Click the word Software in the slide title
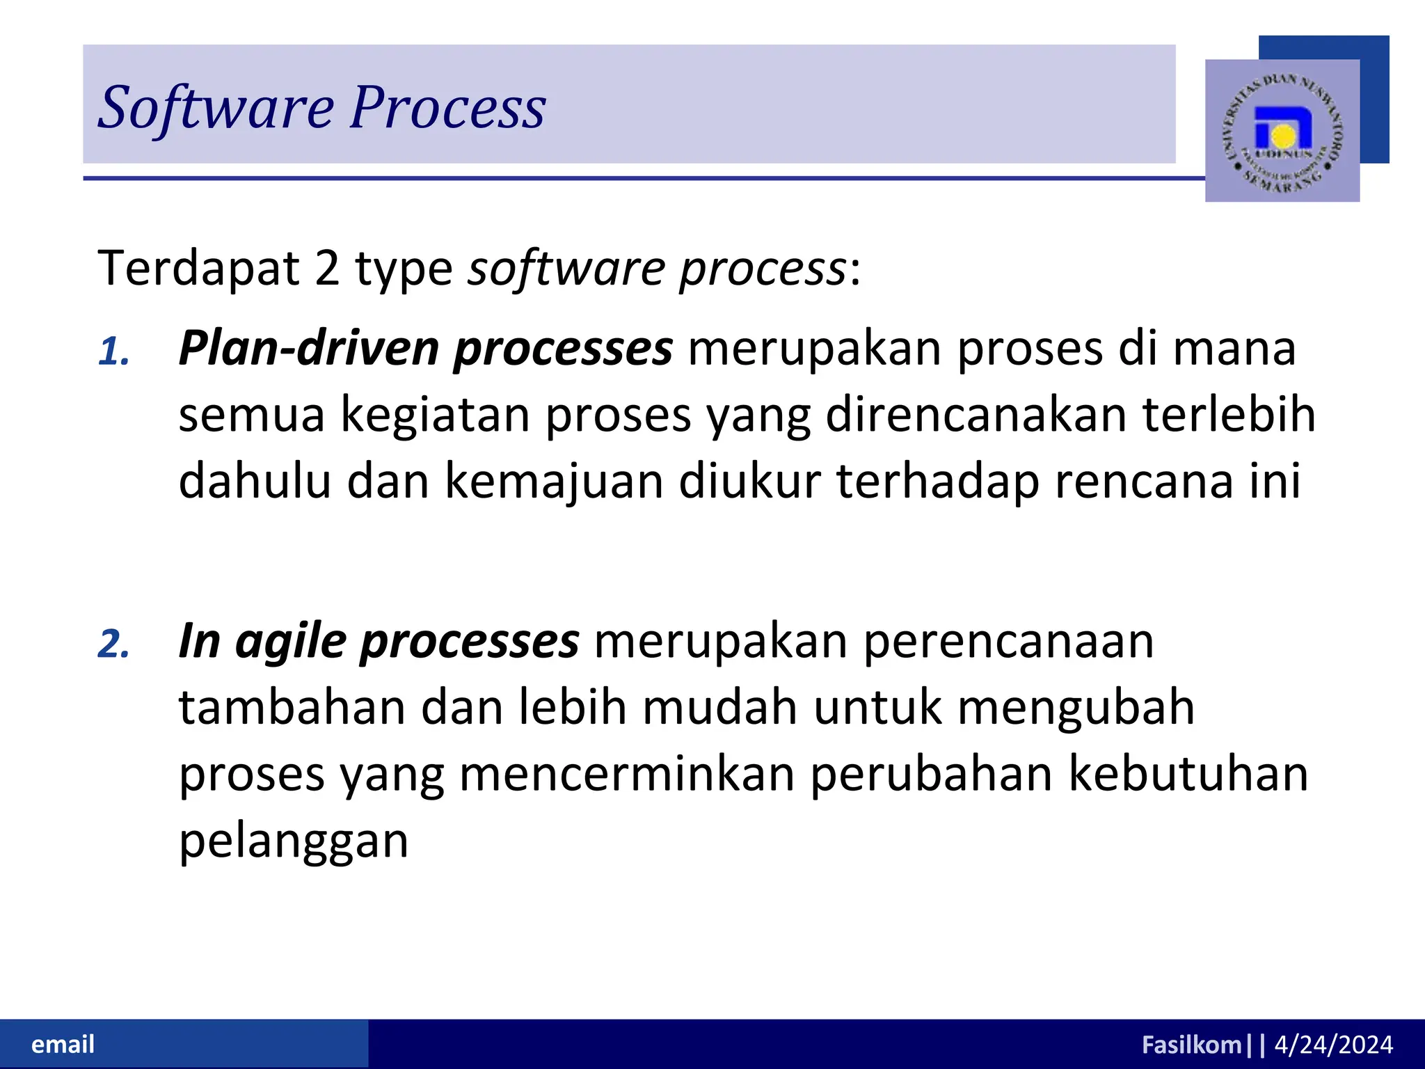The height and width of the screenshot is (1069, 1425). point(216,108)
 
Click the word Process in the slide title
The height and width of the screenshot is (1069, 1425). point(447,108)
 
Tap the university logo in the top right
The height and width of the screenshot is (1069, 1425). point(1282,131)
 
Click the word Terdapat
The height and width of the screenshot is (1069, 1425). point(198,269)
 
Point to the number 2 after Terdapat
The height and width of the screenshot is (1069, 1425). point(327,269)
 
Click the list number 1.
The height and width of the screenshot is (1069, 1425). point(114,351)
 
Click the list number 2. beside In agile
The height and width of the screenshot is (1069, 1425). point(114,644)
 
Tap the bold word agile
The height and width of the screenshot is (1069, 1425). point(291,642)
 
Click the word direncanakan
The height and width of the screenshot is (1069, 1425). point(976,415)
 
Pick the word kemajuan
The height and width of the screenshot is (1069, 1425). point(554,482)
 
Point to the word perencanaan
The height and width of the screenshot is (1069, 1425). point(1008,642)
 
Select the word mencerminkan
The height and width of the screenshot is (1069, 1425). point(626,775)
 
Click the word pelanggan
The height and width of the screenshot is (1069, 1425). point(294,842)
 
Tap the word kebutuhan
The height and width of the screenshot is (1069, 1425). point(1188,775)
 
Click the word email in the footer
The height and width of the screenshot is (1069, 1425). point(63,1045)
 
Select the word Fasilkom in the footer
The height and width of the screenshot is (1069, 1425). point(1191,1045)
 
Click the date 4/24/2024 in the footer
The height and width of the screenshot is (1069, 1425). point(1333,1045)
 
